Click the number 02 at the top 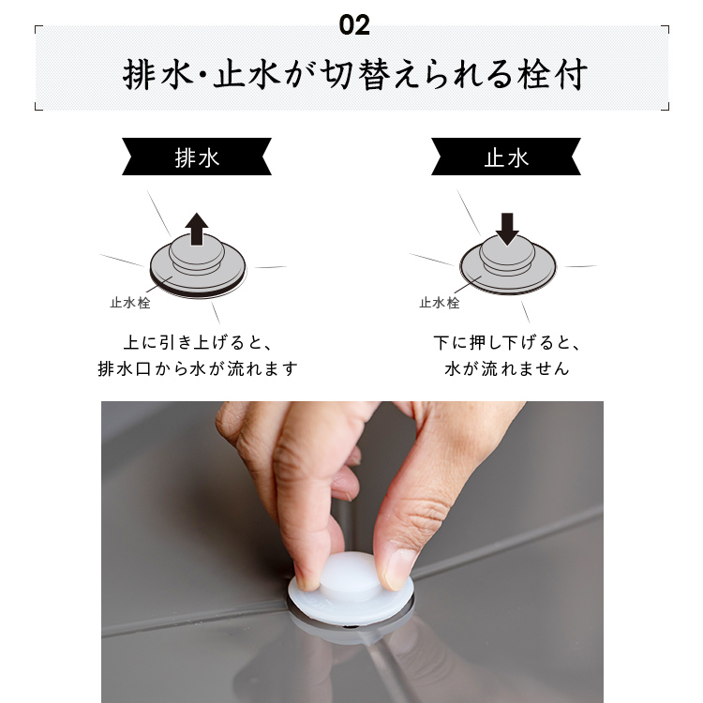click(354, 25)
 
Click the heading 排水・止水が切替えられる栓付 click(354, 74)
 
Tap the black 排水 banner click(197, 157)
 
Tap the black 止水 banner click(506, 157)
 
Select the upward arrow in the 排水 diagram click(197, 229)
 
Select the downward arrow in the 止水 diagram click(507, 229)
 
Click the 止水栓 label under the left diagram click(130, 303)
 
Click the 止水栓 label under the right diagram click(440, 303)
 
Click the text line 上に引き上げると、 click(198, 343)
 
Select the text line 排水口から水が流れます click(198, 369)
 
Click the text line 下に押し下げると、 click(507, 343)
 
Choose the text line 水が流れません click(507, 369)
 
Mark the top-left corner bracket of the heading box click(36, 27)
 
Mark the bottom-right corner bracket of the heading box click(667, 109)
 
